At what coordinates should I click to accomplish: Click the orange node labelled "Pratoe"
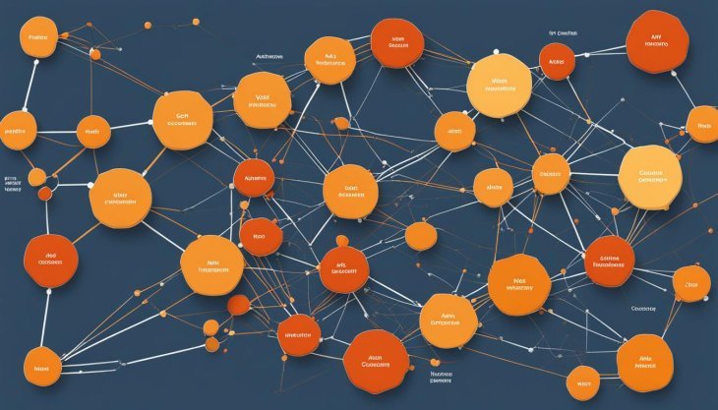coord(38,41)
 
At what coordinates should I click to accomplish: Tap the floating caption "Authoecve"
coord(269,57)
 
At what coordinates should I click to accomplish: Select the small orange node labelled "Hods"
coord(93,131)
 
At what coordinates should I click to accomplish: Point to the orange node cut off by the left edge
coord(14,131)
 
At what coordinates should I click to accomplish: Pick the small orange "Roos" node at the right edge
coord(702,125)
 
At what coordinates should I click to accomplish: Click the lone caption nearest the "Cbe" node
coord(644,308)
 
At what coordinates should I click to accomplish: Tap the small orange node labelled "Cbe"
coord(691,283)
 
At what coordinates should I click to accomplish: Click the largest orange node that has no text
coord(420,236)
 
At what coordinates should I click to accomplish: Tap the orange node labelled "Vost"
coord(263,101)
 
